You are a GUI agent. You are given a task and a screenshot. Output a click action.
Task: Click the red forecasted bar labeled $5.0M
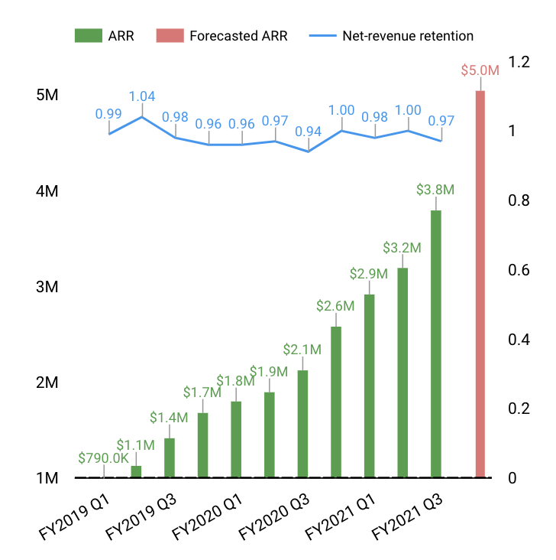[480, 284]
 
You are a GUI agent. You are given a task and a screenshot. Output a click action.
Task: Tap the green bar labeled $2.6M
[336, 402]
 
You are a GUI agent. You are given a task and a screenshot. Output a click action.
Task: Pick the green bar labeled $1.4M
[170, 457]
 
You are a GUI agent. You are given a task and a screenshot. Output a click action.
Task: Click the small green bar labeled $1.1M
[136, 471]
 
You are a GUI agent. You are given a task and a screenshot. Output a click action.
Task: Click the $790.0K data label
[103, 458]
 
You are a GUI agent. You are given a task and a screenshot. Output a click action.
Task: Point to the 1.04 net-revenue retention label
[143, 96]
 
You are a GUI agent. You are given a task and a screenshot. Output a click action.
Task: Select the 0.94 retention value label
[309, 132]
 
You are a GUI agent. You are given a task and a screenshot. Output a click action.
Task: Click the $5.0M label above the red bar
[480, 70]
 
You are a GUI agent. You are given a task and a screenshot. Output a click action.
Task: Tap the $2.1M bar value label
[302, 349]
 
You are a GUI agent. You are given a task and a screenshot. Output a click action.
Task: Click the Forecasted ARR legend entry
[221, 36]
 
